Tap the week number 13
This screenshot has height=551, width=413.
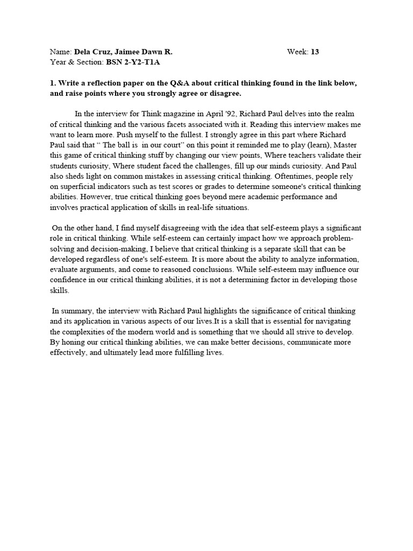(x=315, y=52)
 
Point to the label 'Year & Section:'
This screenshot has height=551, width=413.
(x=74, y=62)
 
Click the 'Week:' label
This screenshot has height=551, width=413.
(x=298, y=52)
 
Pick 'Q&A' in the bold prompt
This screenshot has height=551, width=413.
(x=179, y=84)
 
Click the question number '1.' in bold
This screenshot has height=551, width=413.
(x=53, y=84)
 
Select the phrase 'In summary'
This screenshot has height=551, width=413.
(x=72, y=311)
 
